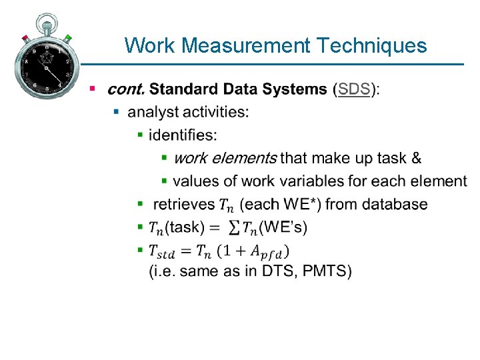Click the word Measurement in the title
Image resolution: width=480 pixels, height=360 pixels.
tap(246, 45)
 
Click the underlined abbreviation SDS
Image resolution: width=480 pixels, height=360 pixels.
tap(354, 89)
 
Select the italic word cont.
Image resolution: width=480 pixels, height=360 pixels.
tap(125, 89)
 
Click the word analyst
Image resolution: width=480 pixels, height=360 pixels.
tap(151, 112)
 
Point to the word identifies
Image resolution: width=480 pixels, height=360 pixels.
tap(183, 135)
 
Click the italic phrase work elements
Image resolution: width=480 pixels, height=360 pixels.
tap(225, 158)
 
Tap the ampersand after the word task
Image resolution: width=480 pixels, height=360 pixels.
tap(416, 158)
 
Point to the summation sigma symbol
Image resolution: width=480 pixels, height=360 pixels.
tap(234, 227)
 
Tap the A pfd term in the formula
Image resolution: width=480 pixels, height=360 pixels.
tap(271, 251)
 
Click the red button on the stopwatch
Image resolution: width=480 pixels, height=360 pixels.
tap(25, 37)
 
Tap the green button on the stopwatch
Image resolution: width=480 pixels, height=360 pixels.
tap(68, 38)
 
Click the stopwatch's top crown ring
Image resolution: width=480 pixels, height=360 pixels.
tap(46, 18)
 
